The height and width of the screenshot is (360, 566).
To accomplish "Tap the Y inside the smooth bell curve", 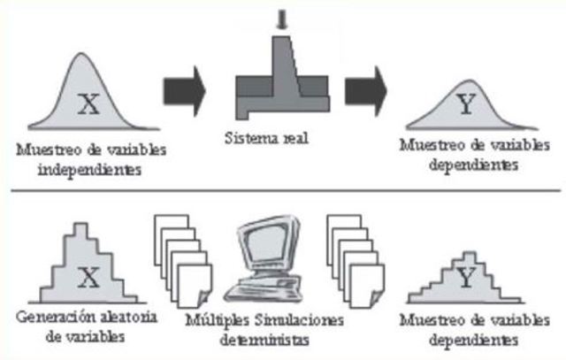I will point(466,105).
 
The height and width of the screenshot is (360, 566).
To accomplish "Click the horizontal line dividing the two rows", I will point(283,190).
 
